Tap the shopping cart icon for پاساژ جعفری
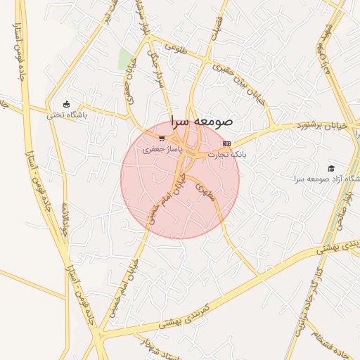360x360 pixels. click(162, 139)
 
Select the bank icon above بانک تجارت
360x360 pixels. click(226, 143)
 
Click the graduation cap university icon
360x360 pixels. click(330, 168)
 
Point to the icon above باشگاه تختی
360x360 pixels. click(66, 105)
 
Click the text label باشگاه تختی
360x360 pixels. click(67, 115)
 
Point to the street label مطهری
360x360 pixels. click(205, 192)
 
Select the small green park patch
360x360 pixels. click(126, 60)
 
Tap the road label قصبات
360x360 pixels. click(217, 25)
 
